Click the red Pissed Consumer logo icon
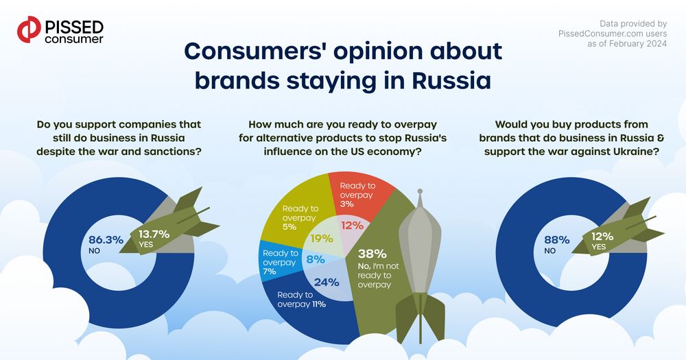(x=29, y=29)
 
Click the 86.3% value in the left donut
(x=106, y=240)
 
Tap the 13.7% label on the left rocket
(x=154, y=234)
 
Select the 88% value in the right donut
(x=557, y=240)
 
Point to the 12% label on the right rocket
(x=602, y=236)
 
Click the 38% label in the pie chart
(x=372, y=254)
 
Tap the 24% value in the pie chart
(x=327, y=283)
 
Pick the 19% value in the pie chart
(x=322, y=239)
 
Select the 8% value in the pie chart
(x=316, y=259)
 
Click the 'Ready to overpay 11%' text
(x=301, y=299)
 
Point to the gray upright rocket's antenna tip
(x=420, y=191)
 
